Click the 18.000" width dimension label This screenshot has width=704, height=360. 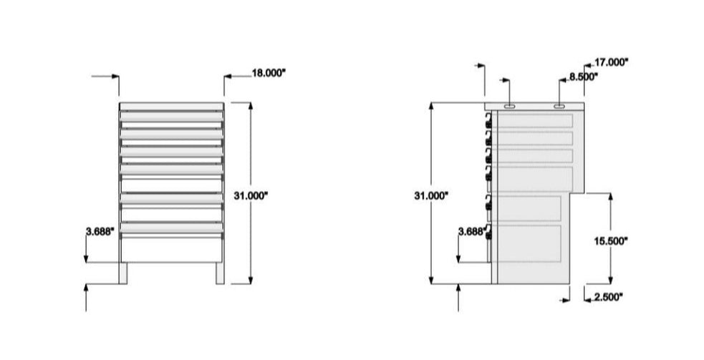(269, 72)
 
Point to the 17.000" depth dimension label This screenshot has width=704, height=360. (611, 62)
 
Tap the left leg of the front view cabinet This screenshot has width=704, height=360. (124, 273)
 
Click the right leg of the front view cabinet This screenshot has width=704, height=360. (220, 273)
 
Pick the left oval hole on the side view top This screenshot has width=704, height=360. (508, 107)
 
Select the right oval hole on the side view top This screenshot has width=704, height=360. (559, 107)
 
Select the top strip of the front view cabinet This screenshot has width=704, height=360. (172, 107)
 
